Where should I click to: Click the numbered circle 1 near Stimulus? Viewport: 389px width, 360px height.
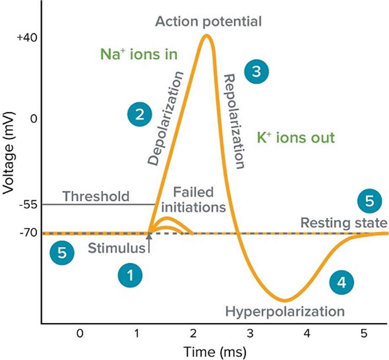point(130,276)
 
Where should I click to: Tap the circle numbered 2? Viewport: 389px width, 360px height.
point(140,114)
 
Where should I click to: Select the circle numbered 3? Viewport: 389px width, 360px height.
point(256,71)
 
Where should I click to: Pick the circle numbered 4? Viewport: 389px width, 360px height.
point(342,282)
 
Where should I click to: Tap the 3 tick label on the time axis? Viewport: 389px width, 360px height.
point(250,333)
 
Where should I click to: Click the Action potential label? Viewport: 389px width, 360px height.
point(208,21)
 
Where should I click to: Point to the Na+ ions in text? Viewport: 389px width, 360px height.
point(138,54)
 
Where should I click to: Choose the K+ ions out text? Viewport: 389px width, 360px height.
point(296,138)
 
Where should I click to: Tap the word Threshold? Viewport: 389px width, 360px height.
point(96,196)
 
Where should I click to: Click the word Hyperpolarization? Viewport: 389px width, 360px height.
point(285,312)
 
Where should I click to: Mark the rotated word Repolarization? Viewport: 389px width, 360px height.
point(235,121)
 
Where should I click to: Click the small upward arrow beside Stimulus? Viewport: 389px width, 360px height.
point(149,244)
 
